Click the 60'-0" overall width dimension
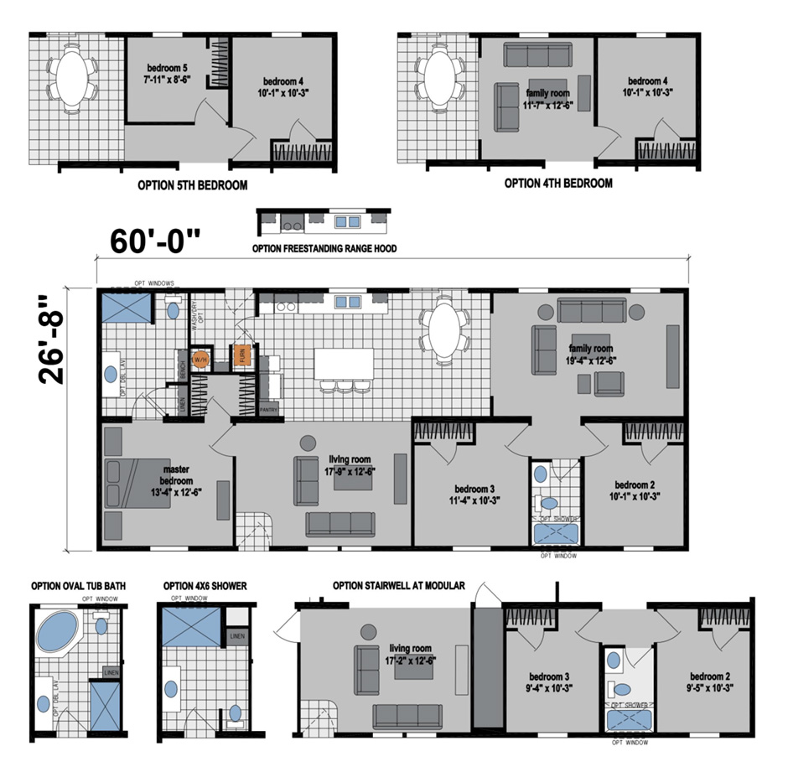click(x=156, y=240)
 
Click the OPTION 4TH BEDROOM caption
click(x=557, y=183)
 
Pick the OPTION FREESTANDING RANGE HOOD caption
click(x=324, y=249)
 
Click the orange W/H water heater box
click(x=199, y=360)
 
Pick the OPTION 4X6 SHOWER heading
click(x=205, y=586)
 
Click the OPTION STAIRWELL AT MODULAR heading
click(x=398, y=586)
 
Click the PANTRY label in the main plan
click(x=268, y=410)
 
